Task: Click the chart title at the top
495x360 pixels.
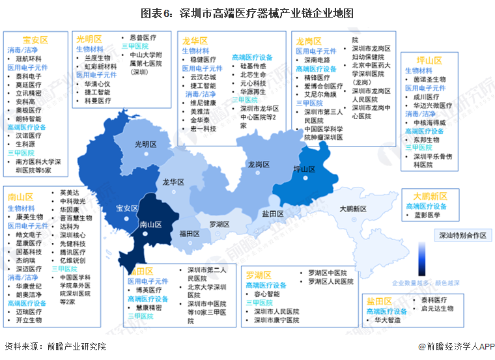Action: [247, 12]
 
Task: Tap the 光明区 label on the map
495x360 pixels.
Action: [145, 144]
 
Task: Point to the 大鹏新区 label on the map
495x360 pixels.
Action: [352, 208]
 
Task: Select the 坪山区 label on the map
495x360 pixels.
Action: [304, 169]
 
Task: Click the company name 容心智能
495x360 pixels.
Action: [266, 294]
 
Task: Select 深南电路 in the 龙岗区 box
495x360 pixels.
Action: [318, 59]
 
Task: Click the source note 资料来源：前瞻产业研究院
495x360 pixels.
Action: [55, 347]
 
